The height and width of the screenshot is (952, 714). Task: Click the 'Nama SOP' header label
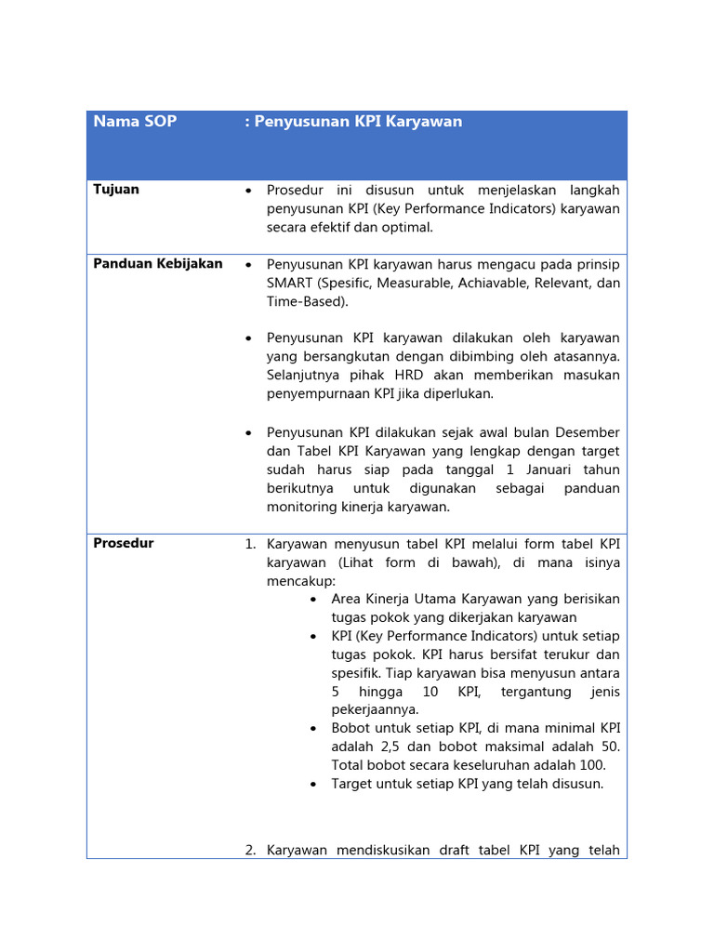pos(135,122)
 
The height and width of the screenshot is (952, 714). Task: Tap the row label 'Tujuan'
pos(116,190)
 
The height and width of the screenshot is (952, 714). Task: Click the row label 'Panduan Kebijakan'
pos(158,264)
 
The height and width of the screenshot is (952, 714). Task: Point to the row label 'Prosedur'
pos(124,544)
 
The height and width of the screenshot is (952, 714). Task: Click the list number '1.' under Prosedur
pos(250,544)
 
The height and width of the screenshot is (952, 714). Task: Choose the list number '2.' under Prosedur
pos(250,850)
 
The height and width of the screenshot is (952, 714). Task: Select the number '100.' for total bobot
pos(589,765)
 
